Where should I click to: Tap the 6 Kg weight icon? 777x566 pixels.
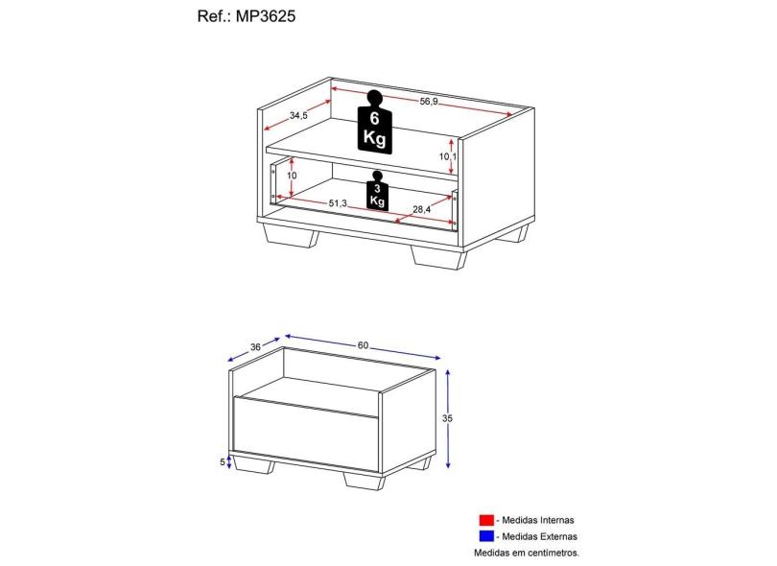pyautogui.click(x=374, y=122)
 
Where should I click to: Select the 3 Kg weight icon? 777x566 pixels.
pyautogui.click(x=376, y=191)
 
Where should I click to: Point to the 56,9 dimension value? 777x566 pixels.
pyautogui.click(x=429, y=102)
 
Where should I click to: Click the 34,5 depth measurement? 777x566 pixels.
pyautogui.click(x=298, y=116)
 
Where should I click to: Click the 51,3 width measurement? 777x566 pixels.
pyautogui.click(x=338, y=203)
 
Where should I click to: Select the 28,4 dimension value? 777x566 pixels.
pyautogui.click(x=422, y=209)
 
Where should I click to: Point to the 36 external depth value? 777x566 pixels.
pyautogui.click(x=255, y=346)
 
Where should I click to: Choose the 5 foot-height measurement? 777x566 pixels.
pyautogui.click(x=223, y=461)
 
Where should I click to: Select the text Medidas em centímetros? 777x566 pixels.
pyautogui.click(x=528, y=553)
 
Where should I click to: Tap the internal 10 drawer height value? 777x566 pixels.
pyautogui.click(x=291, y=177)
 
